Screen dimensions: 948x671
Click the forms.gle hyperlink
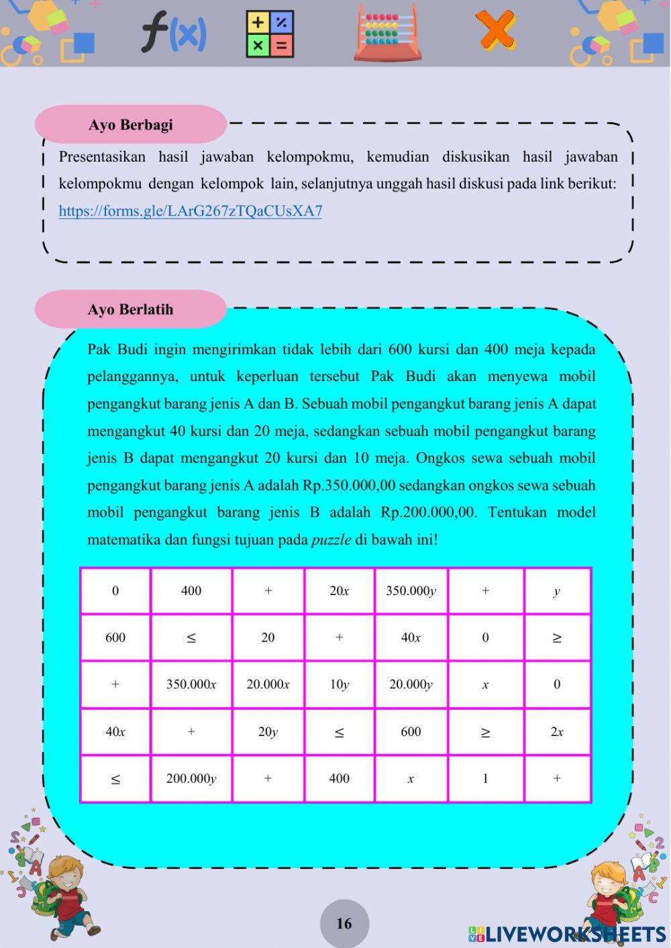tap(190, 211)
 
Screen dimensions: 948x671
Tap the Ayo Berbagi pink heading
tap(131, 125)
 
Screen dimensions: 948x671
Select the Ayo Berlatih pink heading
tap(131, 309)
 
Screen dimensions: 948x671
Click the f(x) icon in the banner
tap(173, 34)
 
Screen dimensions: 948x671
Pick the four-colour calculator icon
tap(270, 34)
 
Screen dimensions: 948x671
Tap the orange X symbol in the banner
tap(496, 31)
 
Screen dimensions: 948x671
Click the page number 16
tap(344, 924)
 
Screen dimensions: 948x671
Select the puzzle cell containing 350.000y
tap(411, 591)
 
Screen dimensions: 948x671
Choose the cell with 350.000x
tap(191, 685)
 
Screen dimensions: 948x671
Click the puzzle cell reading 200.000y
tap(191, 779)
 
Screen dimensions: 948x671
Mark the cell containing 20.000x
tap(268, 685)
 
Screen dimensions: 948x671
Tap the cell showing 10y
tap(340, 685)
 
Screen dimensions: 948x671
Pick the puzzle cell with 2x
tap(557, 732)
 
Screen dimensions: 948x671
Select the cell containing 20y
tap(268, 732)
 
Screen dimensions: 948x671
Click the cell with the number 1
tap(485, 779)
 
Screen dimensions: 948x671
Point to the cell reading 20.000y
tap(411, 685)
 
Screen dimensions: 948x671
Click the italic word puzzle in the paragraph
tap(331, 540)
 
